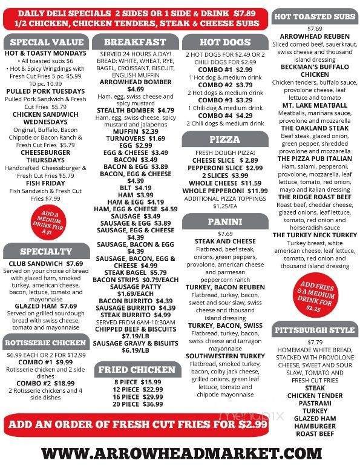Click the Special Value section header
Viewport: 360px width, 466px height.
[47, 42]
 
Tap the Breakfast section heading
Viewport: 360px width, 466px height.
[135, 42]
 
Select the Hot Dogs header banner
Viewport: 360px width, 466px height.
[224, 42]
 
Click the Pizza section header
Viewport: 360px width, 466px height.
[224, 139]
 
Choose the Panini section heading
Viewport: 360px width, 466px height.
[224, 222]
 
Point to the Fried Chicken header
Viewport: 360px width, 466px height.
[135, 369]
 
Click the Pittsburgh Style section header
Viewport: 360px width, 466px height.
[315, 330]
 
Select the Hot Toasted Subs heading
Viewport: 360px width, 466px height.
[315, 16]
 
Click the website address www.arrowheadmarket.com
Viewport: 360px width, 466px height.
[180, 453]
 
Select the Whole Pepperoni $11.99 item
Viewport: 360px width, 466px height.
[224, 191]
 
